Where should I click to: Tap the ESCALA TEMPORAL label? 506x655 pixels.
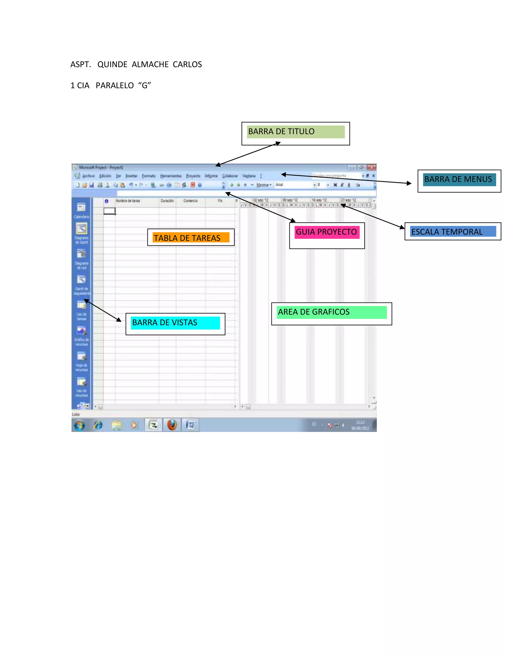pos(447,232)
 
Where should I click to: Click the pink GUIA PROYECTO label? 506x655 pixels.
pos(326,232)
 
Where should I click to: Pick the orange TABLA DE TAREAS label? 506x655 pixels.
pos(187,238)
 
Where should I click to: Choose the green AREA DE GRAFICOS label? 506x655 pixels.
pos(314,312)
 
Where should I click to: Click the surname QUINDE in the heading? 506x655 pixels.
pos(112,65)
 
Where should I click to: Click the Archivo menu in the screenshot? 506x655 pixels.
pos(88,176)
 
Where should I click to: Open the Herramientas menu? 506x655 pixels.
pos(170,176)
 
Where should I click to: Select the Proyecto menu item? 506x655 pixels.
pos(193,176)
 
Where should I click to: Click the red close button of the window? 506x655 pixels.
pos(372,167)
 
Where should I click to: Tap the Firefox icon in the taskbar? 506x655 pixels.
pos(172,425)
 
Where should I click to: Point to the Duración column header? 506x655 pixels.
pos(167,201)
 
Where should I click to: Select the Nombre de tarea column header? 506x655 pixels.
pos(128,201)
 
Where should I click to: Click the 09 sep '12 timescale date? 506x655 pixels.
pos(290,200)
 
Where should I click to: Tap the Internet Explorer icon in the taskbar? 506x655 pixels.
pos(98,425)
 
